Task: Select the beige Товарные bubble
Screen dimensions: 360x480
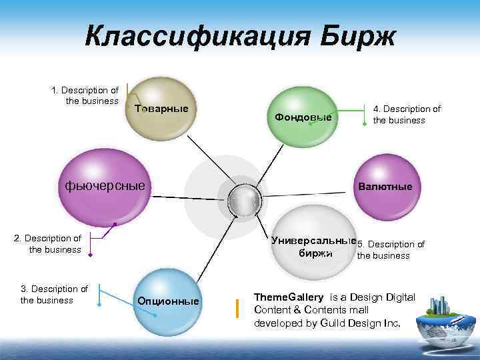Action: click(160, 108)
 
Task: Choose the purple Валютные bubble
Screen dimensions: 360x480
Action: click(385, 186)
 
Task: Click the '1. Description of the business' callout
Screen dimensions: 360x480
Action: click(85, 95)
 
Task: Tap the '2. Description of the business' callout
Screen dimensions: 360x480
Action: click(48, 243)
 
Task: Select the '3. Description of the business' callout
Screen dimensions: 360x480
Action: click(54, 294)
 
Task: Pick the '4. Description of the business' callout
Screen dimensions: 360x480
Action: click(406, 115)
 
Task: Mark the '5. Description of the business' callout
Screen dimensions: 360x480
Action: click(391, 250)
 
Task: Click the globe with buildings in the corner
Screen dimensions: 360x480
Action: click(444, 320)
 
